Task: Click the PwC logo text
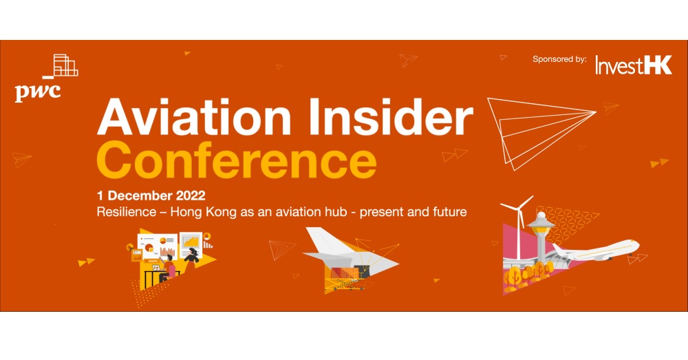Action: coord(37,91)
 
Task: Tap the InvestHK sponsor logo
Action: coord(633,65)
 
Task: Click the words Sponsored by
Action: coord(559,60)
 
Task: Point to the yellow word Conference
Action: coord(237,161)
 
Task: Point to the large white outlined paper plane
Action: coord(540,127)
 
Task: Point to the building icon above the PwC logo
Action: coord(65,65)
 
